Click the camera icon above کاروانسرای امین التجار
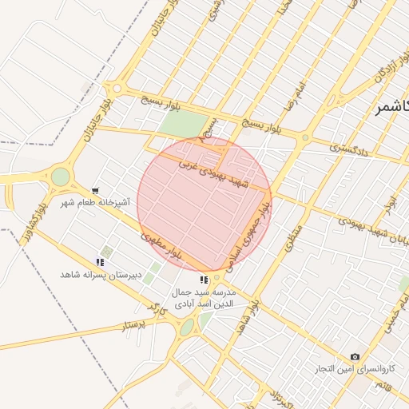point(355,356)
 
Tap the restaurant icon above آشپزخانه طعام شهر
point(96,191)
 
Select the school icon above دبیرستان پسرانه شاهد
point(101,261)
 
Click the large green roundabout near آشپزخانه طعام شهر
point(61,177)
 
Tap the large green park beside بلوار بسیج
point(183,125)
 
